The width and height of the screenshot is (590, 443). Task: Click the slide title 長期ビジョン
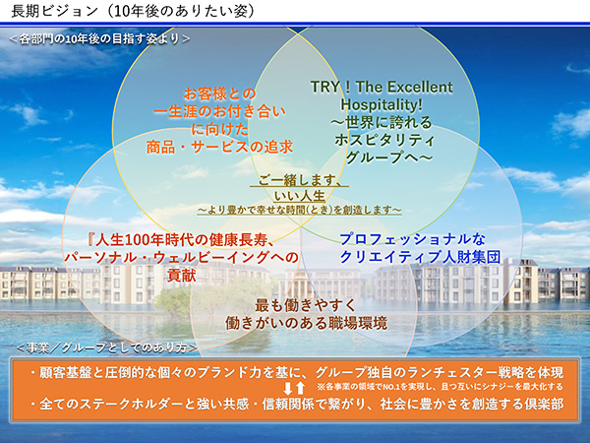[54, 11]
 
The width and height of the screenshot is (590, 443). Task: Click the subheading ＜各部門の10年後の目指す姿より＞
[99, 38]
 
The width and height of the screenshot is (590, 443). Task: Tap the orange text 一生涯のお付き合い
[219, 111]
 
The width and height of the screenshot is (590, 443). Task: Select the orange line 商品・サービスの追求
[219, 147]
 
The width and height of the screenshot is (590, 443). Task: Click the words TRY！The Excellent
[382, 87]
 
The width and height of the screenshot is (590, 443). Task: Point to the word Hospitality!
[382, 104]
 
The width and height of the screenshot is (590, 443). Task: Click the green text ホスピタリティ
[384, 140]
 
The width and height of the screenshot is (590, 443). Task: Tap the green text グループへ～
[388, 158]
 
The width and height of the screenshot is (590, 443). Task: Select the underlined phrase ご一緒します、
[300, 180]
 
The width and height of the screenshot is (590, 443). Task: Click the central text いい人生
[300, 196]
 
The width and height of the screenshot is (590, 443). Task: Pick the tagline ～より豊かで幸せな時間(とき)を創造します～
[300, 210]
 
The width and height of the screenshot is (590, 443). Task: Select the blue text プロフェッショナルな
[413, 239]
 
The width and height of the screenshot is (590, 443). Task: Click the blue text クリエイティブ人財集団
[420, 257]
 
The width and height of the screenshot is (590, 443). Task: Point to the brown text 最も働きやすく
[306, 305]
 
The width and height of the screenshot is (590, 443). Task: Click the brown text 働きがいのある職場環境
[306, 323]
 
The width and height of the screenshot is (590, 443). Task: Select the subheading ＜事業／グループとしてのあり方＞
[107, 348]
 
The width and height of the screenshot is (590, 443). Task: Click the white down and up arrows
[294, 388]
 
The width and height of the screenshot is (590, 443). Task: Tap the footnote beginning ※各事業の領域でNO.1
[441, 387]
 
